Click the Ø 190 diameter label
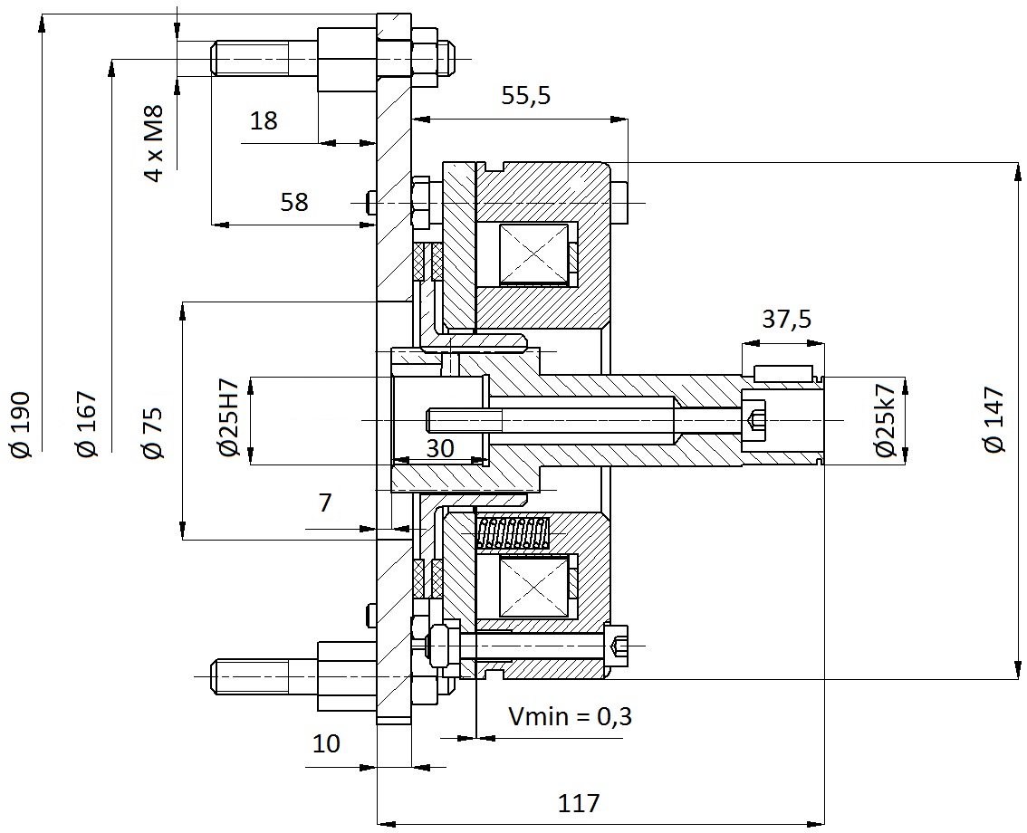point(20,425)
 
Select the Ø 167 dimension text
point(86,425)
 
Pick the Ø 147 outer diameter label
point(993,419)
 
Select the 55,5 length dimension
point(526,96)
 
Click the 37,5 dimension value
point(787,319)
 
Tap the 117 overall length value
point(579,802)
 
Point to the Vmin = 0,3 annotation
point(571,716)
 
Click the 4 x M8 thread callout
point(153,143)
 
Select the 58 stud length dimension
point(294,202)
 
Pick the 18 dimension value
point(264,120)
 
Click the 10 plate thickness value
point(326,743)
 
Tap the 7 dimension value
point(325,503)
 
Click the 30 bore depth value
point(440,448)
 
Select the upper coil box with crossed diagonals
point(533,254)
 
